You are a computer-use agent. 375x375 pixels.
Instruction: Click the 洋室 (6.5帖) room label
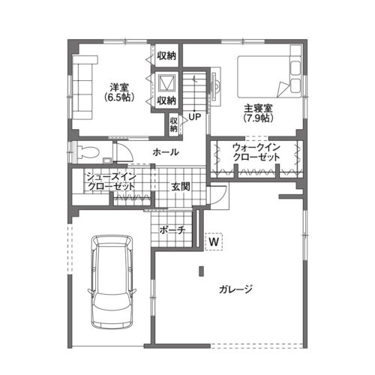[119, 92]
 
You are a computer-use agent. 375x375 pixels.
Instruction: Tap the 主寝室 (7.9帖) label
[258, 113]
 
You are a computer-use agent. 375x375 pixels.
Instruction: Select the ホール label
[166, 152]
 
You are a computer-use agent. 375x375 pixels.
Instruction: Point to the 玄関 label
[181, 187]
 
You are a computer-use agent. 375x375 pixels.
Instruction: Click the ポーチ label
[172, 230]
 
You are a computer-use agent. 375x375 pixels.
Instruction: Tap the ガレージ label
[235, 289]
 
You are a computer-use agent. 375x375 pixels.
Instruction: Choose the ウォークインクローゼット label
[256, 152]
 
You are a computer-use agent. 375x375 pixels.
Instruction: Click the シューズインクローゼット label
[111, 181]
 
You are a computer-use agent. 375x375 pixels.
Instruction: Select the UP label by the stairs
[194, 117]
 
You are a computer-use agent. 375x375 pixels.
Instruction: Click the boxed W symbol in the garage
[214, 241]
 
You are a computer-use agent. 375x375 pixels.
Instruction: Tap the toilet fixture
[87, 151]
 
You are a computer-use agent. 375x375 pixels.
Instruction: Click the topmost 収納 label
[166, 56]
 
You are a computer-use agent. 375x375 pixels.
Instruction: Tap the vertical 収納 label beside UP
[174, 125]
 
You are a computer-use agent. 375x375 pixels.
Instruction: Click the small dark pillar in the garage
[201, 271]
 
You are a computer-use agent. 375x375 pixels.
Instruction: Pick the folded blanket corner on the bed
[282, 89]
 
